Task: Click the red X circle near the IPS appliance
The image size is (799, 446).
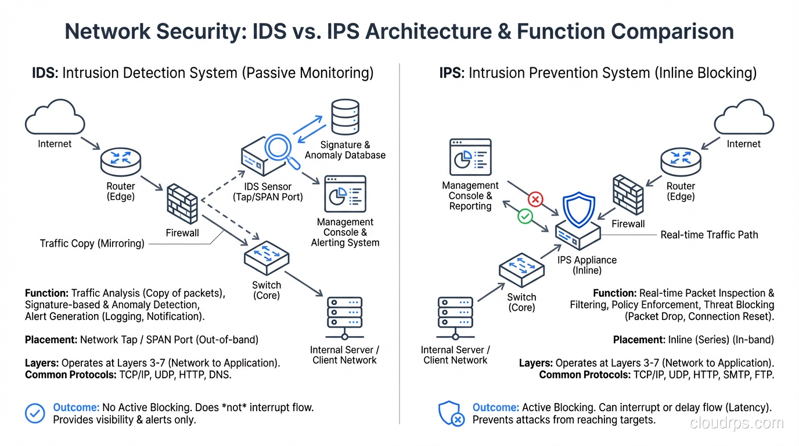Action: tap(535, 200)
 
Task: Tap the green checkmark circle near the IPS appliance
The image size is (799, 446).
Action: tap(525, 217)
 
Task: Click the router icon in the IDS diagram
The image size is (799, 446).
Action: tap(120, 162)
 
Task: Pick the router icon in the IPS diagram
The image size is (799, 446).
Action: tap(681, 162)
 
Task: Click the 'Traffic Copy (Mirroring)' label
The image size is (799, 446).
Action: tap(92, 243)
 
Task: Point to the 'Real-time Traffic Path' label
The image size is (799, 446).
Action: tap(709, 235)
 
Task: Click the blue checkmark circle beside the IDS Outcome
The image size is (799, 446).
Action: tap(35, 413)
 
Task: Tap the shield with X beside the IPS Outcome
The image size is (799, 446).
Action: tap(451, 413)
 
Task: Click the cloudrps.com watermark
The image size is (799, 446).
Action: tap(737, 423)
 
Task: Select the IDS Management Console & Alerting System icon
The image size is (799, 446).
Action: tap(345, 195)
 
